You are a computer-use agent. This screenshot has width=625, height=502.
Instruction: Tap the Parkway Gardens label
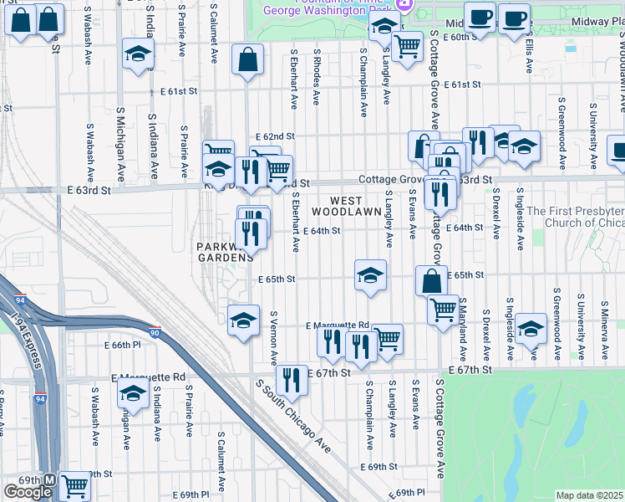pos(223,252)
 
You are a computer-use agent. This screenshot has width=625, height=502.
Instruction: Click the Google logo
pos(28,492)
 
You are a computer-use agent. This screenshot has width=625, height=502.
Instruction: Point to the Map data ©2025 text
pos(590,495)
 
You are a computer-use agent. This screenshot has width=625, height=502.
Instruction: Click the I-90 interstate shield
pos(154,331)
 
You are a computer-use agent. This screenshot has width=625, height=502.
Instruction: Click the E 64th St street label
pos(323,230)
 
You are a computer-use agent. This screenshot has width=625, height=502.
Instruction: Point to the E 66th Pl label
pos(125,345)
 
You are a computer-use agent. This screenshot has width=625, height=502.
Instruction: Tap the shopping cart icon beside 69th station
pos(75,485)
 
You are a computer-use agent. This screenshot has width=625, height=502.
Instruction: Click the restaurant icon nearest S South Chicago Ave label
pos(292,379)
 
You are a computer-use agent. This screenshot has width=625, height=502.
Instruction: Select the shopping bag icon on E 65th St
pos(430,281)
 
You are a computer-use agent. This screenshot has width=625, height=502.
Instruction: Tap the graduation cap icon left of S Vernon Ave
pos(243,320)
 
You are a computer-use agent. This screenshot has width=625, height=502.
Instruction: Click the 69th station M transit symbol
pos(49,482)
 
